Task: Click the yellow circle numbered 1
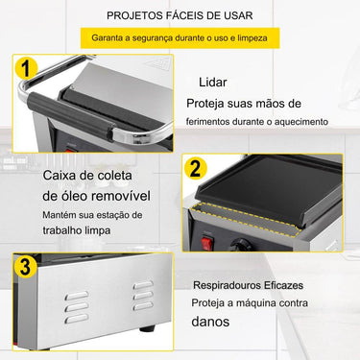point(28,70)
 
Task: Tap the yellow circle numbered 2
point(195,170)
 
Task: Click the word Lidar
point(212,82)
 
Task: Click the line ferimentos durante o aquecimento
point(257,121)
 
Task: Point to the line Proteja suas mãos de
point(244,103)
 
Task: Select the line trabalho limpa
point(75,230)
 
